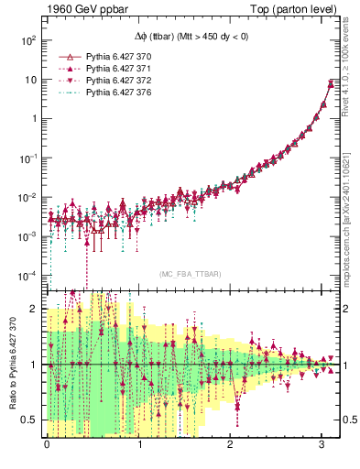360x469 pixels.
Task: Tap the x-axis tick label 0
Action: tap(48, 445)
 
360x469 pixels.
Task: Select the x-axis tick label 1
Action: tap(139, 445)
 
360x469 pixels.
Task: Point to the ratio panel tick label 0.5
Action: tap(31, 420)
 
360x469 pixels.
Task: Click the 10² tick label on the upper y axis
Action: tap(29, 40)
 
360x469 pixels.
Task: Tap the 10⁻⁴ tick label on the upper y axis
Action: tap(29, 275)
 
